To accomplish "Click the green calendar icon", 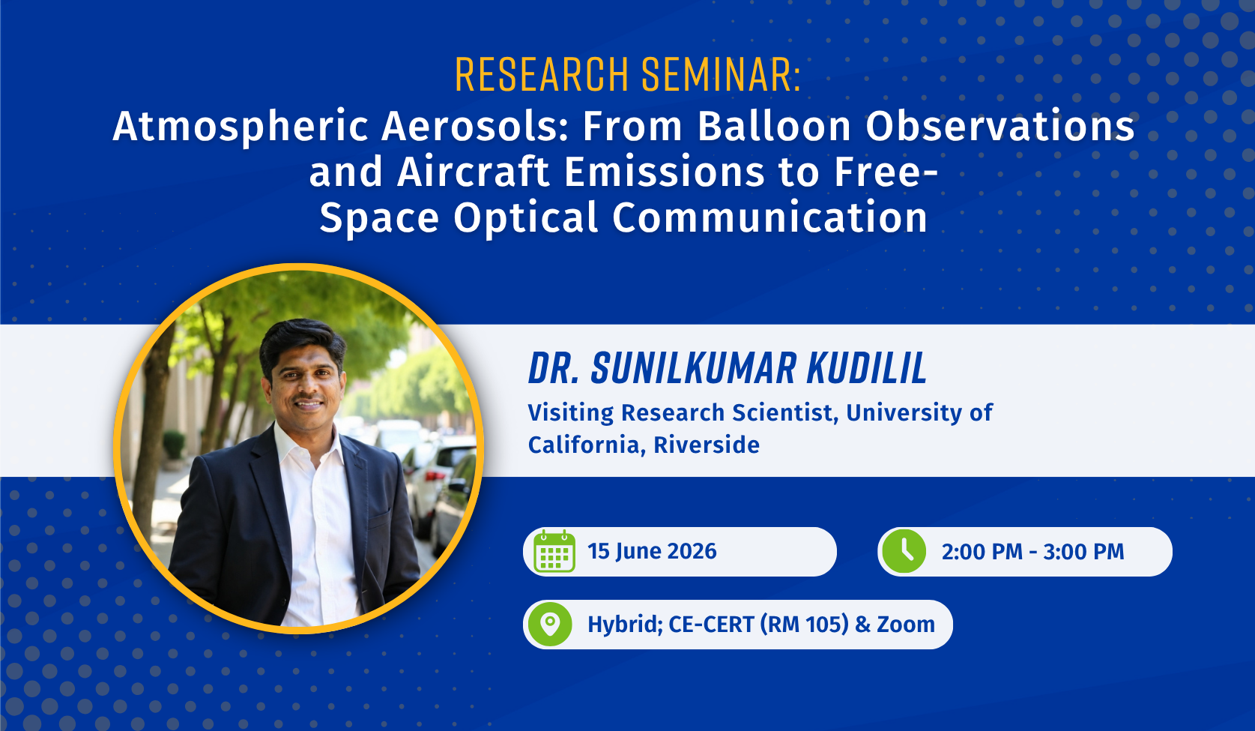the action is pos(554,551).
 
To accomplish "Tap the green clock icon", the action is pos(904,551).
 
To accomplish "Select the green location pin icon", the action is pos(550,625).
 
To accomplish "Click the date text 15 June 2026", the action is pos(652,551).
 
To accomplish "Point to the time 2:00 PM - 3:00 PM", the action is pos(1032,552).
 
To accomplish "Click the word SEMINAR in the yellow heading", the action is pos(721,74).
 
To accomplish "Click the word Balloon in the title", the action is pos(774,126).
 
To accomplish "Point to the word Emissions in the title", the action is pos(664,172).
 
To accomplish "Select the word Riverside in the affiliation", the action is pos(707,445).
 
